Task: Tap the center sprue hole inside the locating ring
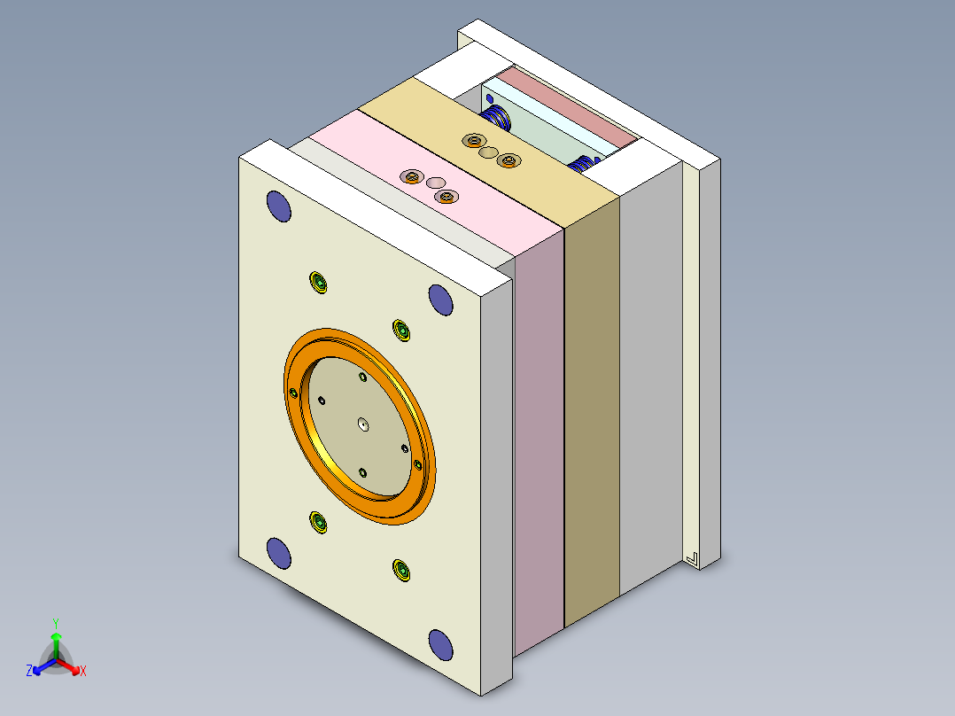(x=363, y=425)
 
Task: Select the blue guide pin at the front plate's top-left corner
(x=279, y=206)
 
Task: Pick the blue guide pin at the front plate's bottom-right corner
(x=440, y=644)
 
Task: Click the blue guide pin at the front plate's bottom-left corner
(x=279, y=553)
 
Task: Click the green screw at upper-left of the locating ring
(x=319, y=284)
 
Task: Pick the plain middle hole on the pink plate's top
(x=435, y=183)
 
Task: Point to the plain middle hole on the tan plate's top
(x=488, y=152)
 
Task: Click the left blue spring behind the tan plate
(x=497, y=115)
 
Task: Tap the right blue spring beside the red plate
(x=584, y=163)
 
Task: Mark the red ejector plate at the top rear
(x=567, y=105)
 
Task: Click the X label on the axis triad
(x=83, y=672)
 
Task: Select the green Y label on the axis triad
(x=56, y=623)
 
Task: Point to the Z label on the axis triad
(x=29, y=672)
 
